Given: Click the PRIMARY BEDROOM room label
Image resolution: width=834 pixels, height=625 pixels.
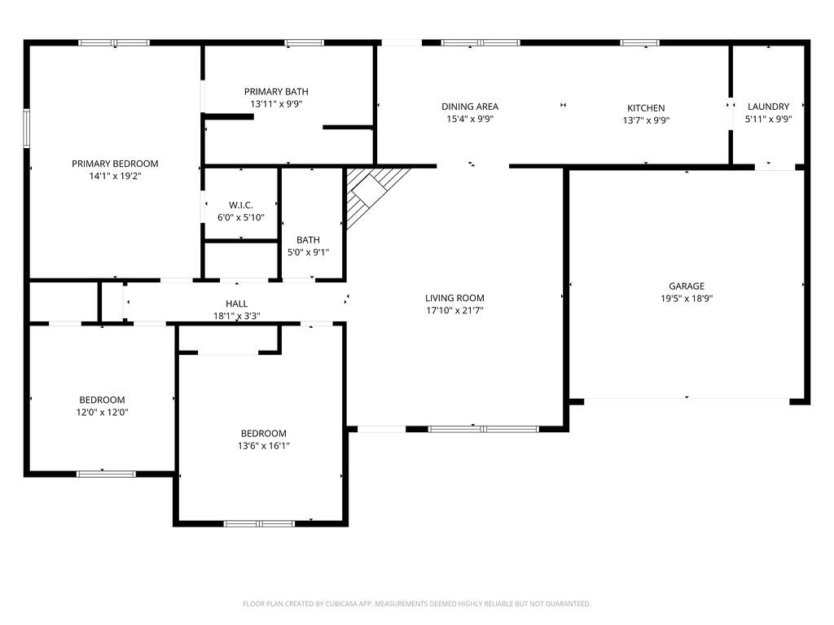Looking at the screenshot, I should (x=115, y=164).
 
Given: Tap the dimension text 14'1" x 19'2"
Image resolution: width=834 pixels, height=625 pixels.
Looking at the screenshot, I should (x=115, y=176).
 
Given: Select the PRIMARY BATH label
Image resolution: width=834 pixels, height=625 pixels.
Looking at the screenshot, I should (x=276, y=92).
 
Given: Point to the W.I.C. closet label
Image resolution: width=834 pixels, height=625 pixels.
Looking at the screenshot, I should (x=241, y=205).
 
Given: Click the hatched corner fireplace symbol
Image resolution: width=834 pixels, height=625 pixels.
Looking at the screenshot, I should (x=373, y=190).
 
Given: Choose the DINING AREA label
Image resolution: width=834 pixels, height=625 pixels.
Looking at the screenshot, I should (x=470, y=107).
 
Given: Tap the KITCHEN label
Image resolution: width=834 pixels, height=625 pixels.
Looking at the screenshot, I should (x=646, y=108).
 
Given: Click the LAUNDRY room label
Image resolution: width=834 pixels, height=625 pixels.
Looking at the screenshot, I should (x=768, y=107).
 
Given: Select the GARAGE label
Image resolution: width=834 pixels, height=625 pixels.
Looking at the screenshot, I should (x=687, y=286).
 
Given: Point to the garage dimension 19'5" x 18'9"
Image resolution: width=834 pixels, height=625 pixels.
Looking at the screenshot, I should (x=687, y=298).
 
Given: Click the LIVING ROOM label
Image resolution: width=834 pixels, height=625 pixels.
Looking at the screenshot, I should (x=454, y=298).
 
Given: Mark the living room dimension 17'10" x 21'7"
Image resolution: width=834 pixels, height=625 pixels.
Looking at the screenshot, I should (x=454, y=310).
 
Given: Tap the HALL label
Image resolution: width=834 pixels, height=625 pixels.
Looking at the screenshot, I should (x=237, y=304).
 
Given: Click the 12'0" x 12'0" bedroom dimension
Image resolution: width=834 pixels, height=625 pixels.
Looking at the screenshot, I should (x=102, y=412).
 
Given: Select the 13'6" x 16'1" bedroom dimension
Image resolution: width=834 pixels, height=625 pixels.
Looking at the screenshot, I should (x=263, y=445).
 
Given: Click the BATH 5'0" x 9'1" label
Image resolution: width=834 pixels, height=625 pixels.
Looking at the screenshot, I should (x=308, y=246).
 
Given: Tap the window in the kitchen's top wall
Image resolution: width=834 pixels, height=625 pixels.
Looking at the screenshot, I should (x=640, y=42).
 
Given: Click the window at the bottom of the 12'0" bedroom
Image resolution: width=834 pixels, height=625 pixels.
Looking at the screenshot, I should (x=106, y=473).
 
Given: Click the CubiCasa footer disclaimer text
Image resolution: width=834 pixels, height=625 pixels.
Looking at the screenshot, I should (x=417, y=604).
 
